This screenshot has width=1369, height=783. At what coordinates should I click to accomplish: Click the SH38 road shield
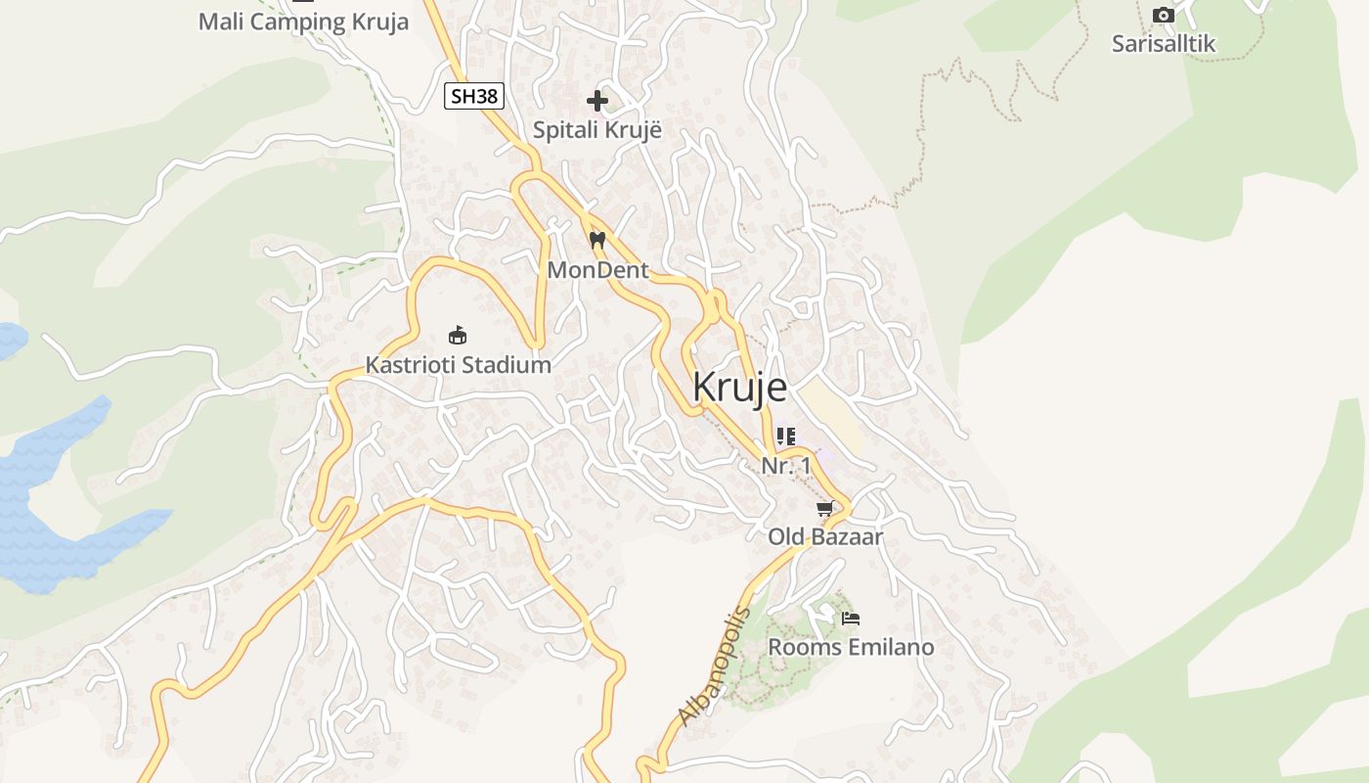474,96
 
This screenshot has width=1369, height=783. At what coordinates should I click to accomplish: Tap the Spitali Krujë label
596,129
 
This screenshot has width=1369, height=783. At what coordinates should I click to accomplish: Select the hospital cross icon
597,100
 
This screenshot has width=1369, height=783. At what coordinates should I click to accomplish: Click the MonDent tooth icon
597,239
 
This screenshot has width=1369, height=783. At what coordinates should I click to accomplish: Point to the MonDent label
597,269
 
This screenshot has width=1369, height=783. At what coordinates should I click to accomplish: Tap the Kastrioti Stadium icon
457,335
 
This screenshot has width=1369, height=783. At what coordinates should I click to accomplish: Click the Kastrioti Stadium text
458,365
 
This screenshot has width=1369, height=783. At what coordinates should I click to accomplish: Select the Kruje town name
739,388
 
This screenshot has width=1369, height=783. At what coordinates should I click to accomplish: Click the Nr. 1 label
786,466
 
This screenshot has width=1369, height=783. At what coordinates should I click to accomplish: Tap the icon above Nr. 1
786,436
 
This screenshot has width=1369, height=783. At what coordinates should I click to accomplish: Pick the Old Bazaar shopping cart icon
825,508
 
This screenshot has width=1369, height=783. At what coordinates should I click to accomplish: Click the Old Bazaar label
825,536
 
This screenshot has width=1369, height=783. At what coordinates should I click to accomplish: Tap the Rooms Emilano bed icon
851,618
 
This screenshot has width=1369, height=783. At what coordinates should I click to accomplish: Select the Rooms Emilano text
851,647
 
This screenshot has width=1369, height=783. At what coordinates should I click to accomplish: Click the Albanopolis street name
714,667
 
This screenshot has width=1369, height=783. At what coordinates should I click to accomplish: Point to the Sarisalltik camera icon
1164,15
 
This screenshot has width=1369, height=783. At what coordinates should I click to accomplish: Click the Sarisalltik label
1164,43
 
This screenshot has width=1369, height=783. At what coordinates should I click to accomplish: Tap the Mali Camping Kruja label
303,22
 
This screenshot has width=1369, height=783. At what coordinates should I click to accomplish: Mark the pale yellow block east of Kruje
831,411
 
